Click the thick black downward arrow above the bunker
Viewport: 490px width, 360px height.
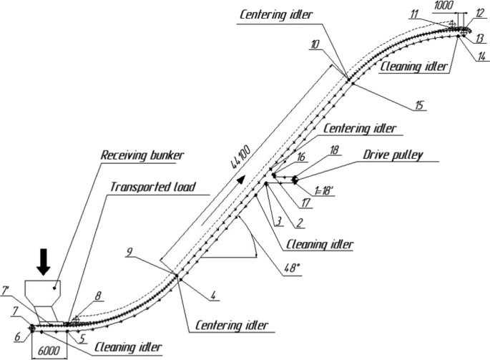coord(44,261)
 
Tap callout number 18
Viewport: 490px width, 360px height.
coord(333,151)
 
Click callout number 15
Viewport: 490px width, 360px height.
coord(418,106)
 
